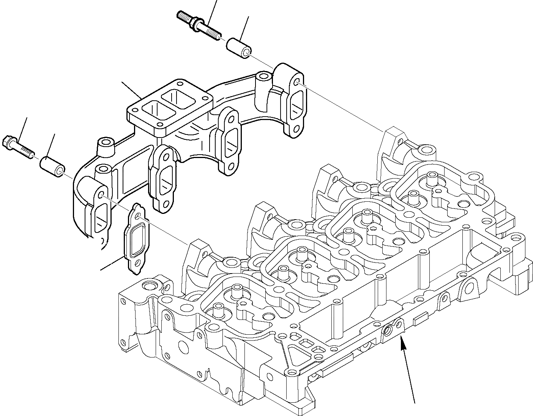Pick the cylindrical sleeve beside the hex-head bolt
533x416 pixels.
[x=52, y=166]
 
